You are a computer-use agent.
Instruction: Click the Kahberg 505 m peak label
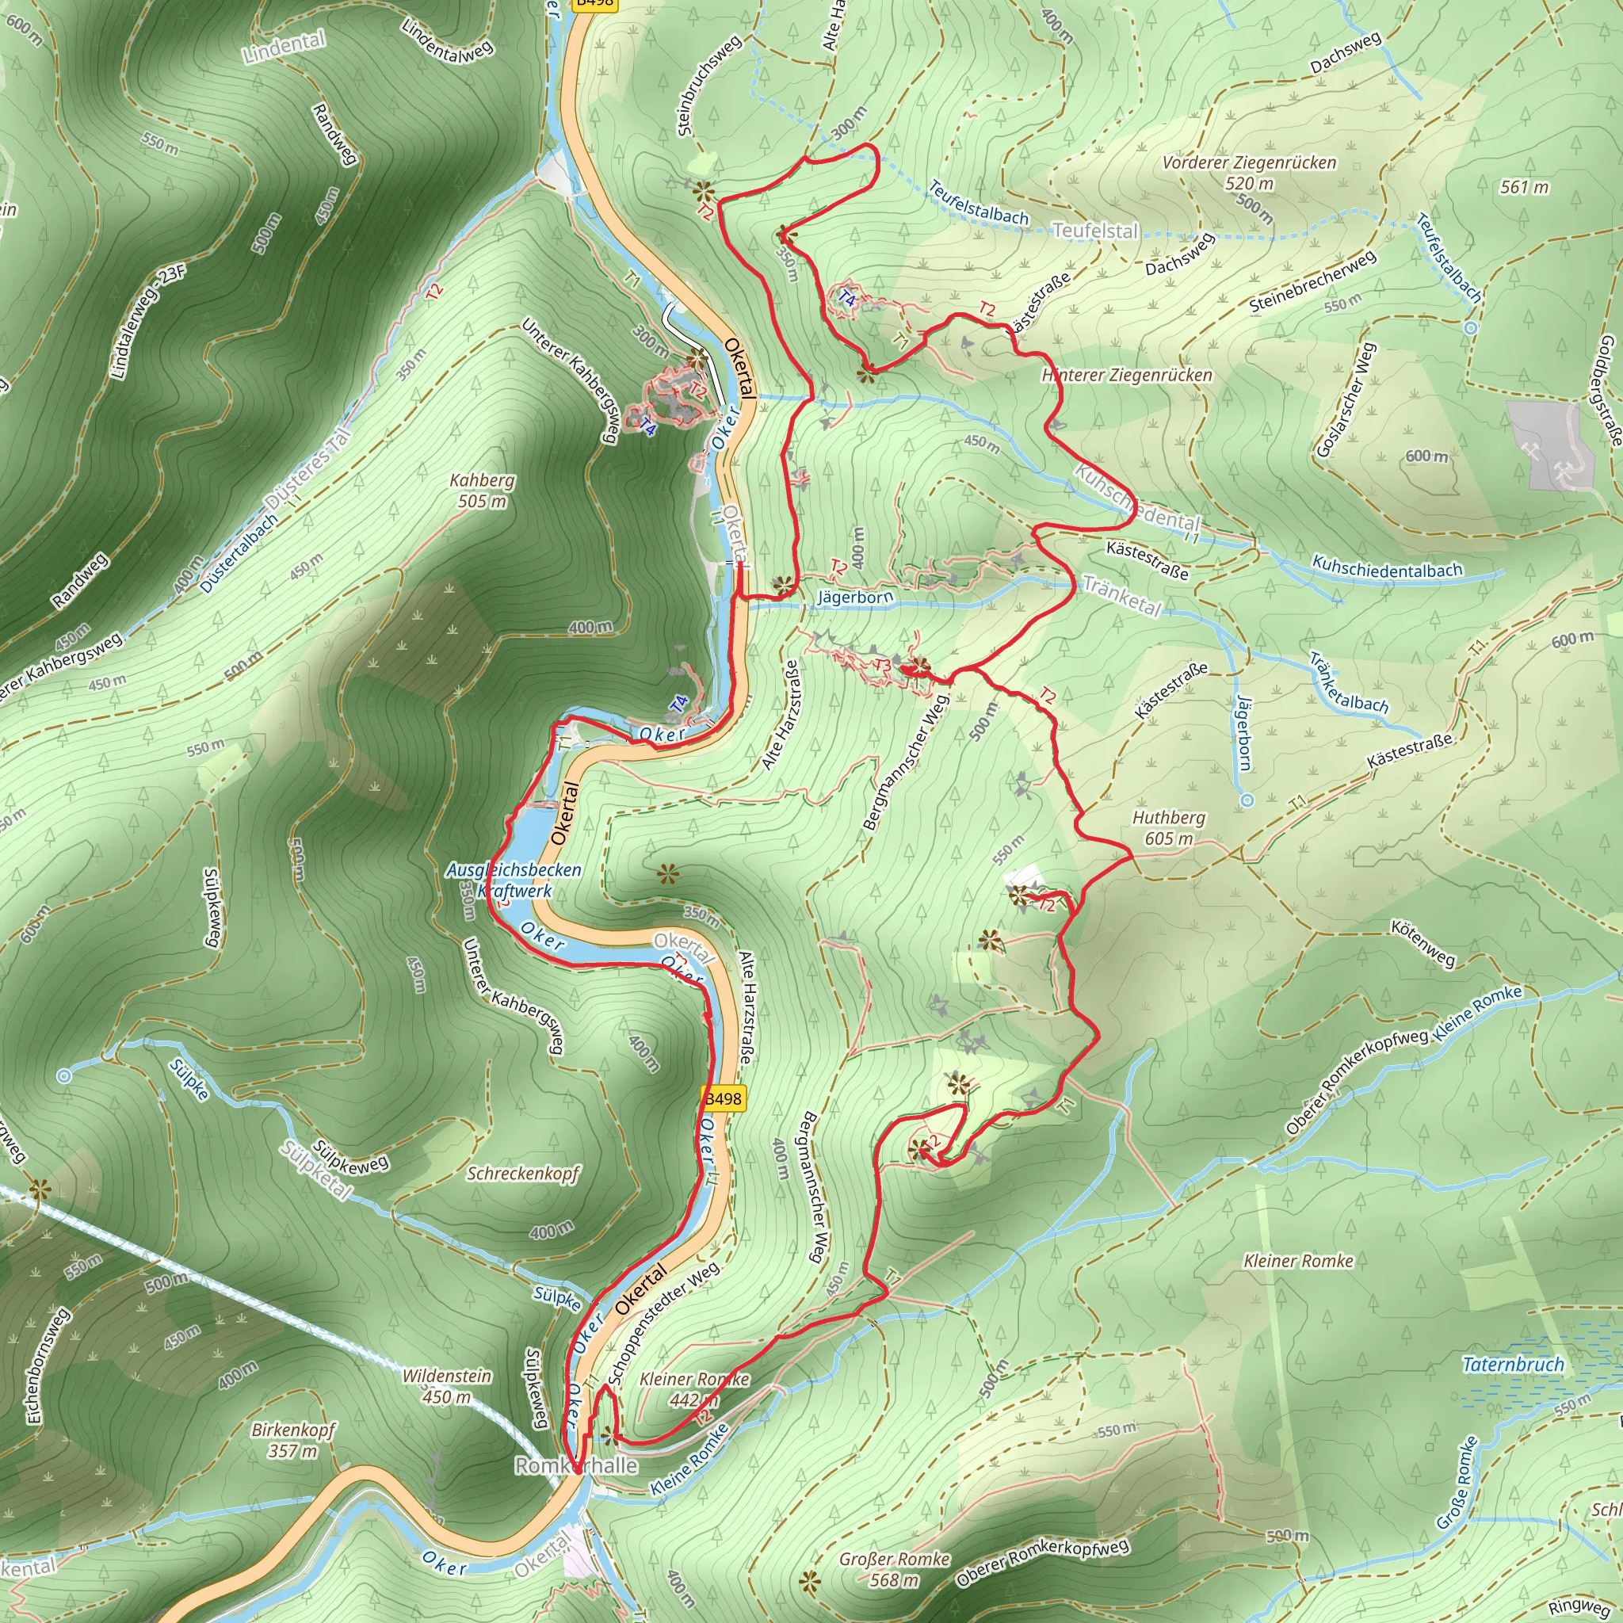coord(481,491)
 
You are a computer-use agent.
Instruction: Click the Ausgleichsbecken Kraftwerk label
coord(514,880)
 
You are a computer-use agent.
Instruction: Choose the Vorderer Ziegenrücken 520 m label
coord(1249,172)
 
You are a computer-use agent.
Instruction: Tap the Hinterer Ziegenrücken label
coord(1127,376)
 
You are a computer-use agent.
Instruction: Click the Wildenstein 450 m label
coord(447,1386)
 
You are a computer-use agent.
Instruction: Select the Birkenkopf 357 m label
coord(293,1440)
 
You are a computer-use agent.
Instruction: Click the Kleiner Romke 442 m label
coord(694,1389)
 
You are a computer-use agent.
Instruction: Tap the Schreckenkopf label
coord(522,1174)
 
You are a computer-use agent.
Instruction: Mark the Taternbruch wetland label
coord(1513,1365)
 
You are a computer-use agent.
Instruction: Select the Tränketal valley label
coord(1121,595)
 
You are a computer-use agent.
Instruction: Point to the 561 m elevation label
coord(1524,187)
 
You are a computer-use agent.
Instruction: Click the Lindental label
coord(284,47)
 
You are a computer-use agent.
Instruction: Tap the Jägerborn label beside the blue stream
coord(854,598)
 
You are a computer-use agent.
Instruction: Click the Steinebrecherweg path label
coord(1312,281)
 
